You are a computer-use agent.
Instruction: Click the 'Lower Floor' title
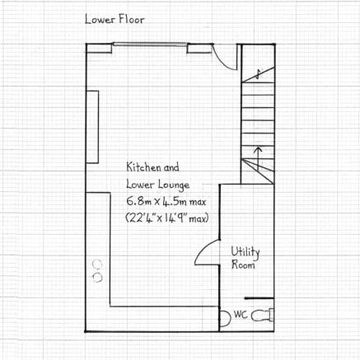click(x=115, y=20)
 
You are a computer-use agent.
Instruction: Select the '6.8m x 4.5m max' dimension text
click(x=166, y=202)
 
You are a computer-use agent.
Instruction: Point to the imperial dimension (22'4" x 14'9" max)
click(x=167, y=218)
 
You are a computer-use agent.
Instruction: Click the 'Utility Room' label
click(x=245, y=258)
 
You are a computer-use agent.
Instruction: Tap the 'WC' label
click(x=241, y=315)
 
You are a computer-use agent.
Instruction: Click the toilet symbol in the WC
click(x=263, y=315)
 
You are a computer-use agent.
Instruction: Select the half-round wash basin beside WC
click(x=225, y=318)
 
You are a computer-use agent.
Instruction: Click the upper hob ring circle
click(x=97, y=264)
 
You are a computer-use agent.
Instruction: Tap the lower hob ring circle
click(x=97, y=278)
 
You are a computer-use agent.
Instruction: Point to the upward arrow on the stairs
click(x=258, y=159)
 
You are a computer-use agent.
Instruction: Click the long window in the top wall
click(x=150, y=44)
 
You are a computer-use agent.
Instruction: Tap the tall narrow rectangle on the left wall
click(x=92, y=127)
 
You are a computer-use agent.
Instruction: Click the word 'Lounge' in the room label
click(x=174, y=185)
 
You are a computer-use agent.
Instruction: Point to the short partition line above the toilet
click(x=259, y=298)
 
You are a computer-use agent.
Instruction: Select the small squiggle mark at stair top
click(x=258, y=74)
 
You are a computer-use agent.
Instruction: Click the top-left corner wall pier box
click(x=99, y=49)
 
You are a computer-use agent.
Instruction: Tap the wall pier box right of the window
click(x=199, y=49)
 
